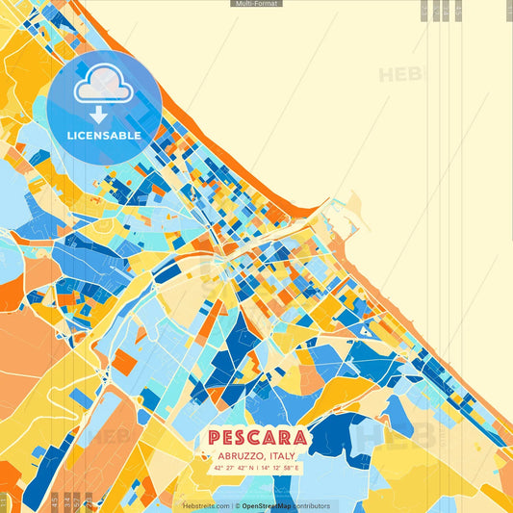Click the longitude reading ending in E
(278, 468)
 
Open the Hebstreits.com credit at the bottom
(206, 505)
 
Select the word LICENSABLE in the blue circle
(104, 136)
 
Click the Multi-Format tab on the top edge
(256, 4)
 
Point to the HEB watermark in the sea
(398, 74)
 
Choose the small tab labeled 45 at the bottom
(76, 500)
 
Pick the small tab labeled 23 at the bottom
(54, 500)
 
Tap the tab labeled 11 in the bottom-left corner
(4, 500)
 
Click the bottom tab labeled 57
(88, 500)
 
